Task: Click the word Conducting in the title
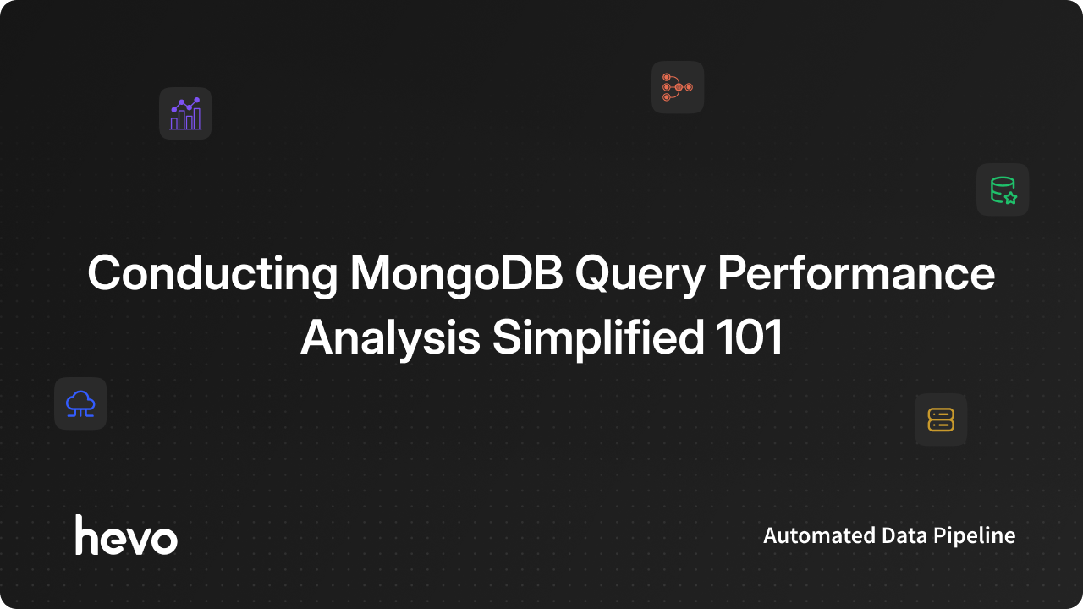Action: point(212,274)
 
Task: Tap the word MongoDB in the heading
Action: point(456,274)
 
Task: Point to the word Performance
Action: point(856,273)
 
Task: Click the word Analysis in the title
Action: point(390,338)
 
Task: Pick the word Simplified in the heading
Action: point(598,337)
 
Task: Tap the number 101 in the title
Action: point(749,337)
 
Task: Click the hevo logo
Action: point(126,535)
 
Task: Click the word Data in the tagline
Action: point(904,535)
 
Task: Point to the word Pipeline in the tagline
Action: point(974,536)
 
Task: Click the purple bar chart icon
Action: point(185,113)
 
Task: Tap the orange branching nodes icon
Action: point(678,87)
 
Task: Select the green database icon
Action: point(1003,190)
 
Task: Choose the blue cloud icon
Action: point(80,403)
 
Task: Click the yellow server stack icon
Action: point(941,420)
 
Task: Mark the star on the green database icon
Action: point(1010,197)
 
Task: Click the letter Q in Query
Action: point(594,274)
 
